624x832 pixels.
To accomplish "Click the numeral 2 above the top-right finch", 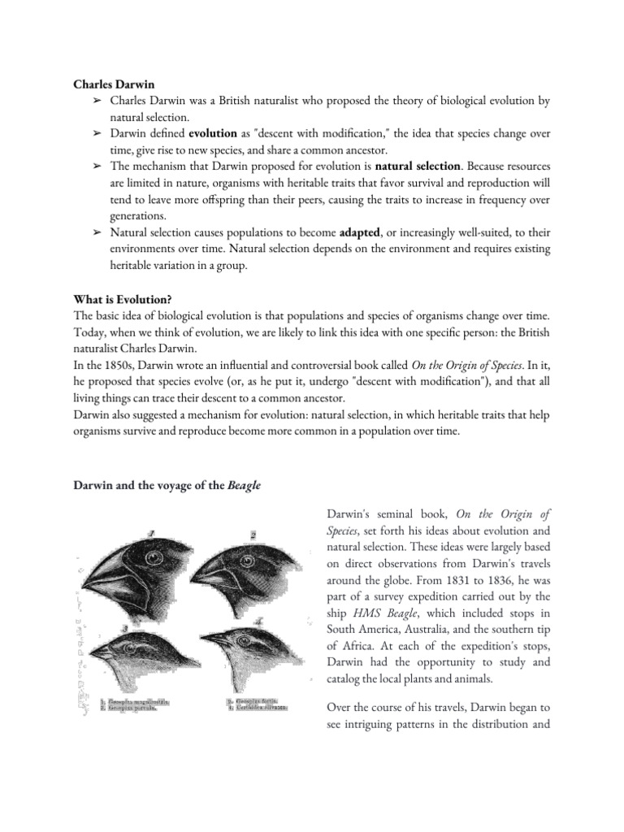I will [x=253, y=535].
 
